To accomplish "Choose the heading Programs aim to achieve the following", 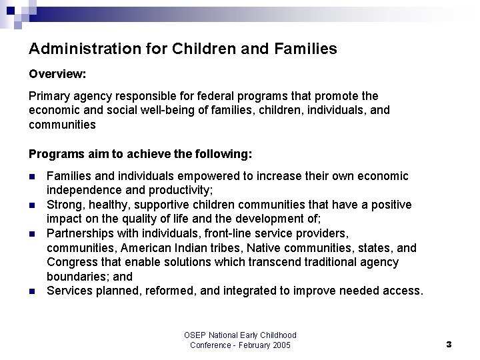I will [141, 154].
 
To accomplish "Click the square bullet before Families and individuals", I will [33, 177].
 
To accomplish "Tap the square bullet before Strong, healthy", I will [33, 205].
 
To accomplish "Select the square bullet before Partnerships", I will [33, 234].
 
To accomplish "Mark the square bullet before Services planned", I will [33, 291].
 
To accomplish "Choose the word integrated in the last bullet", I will [269, 291].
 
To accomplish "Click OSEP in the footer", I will [196, 335].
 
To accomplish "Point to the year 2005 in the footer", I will [280, 345].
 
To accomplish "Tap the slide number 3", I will [449, 345].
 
